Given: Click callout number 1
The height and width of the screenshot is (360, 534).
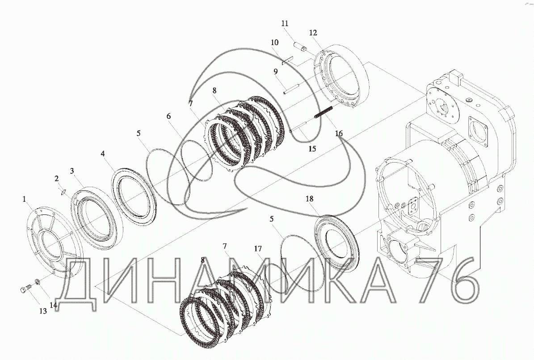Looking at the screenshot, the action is (24, 199).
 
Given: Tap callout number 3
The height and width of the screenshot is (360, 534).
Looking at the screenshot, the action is (72, 171).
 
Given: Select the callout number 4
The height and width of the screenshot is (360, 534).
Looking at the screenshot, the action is (102, 154).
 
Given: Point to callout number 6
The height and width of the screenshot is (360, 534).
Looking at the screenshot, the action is (168, 116).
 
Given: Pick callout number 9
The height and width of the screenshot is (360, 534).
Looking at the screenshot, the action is (275, 71).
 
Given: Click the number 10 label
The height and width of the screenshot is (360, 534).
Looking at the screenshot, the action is (274, 42).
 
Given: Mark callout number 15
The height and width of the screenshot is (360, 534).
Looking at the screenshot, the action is (312, 148).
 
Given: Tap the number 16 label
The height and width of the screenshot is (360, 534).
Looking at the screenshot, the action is (339, 133).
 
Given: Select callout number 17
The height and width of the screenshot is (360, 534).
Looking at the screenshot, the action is (258, 249).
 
